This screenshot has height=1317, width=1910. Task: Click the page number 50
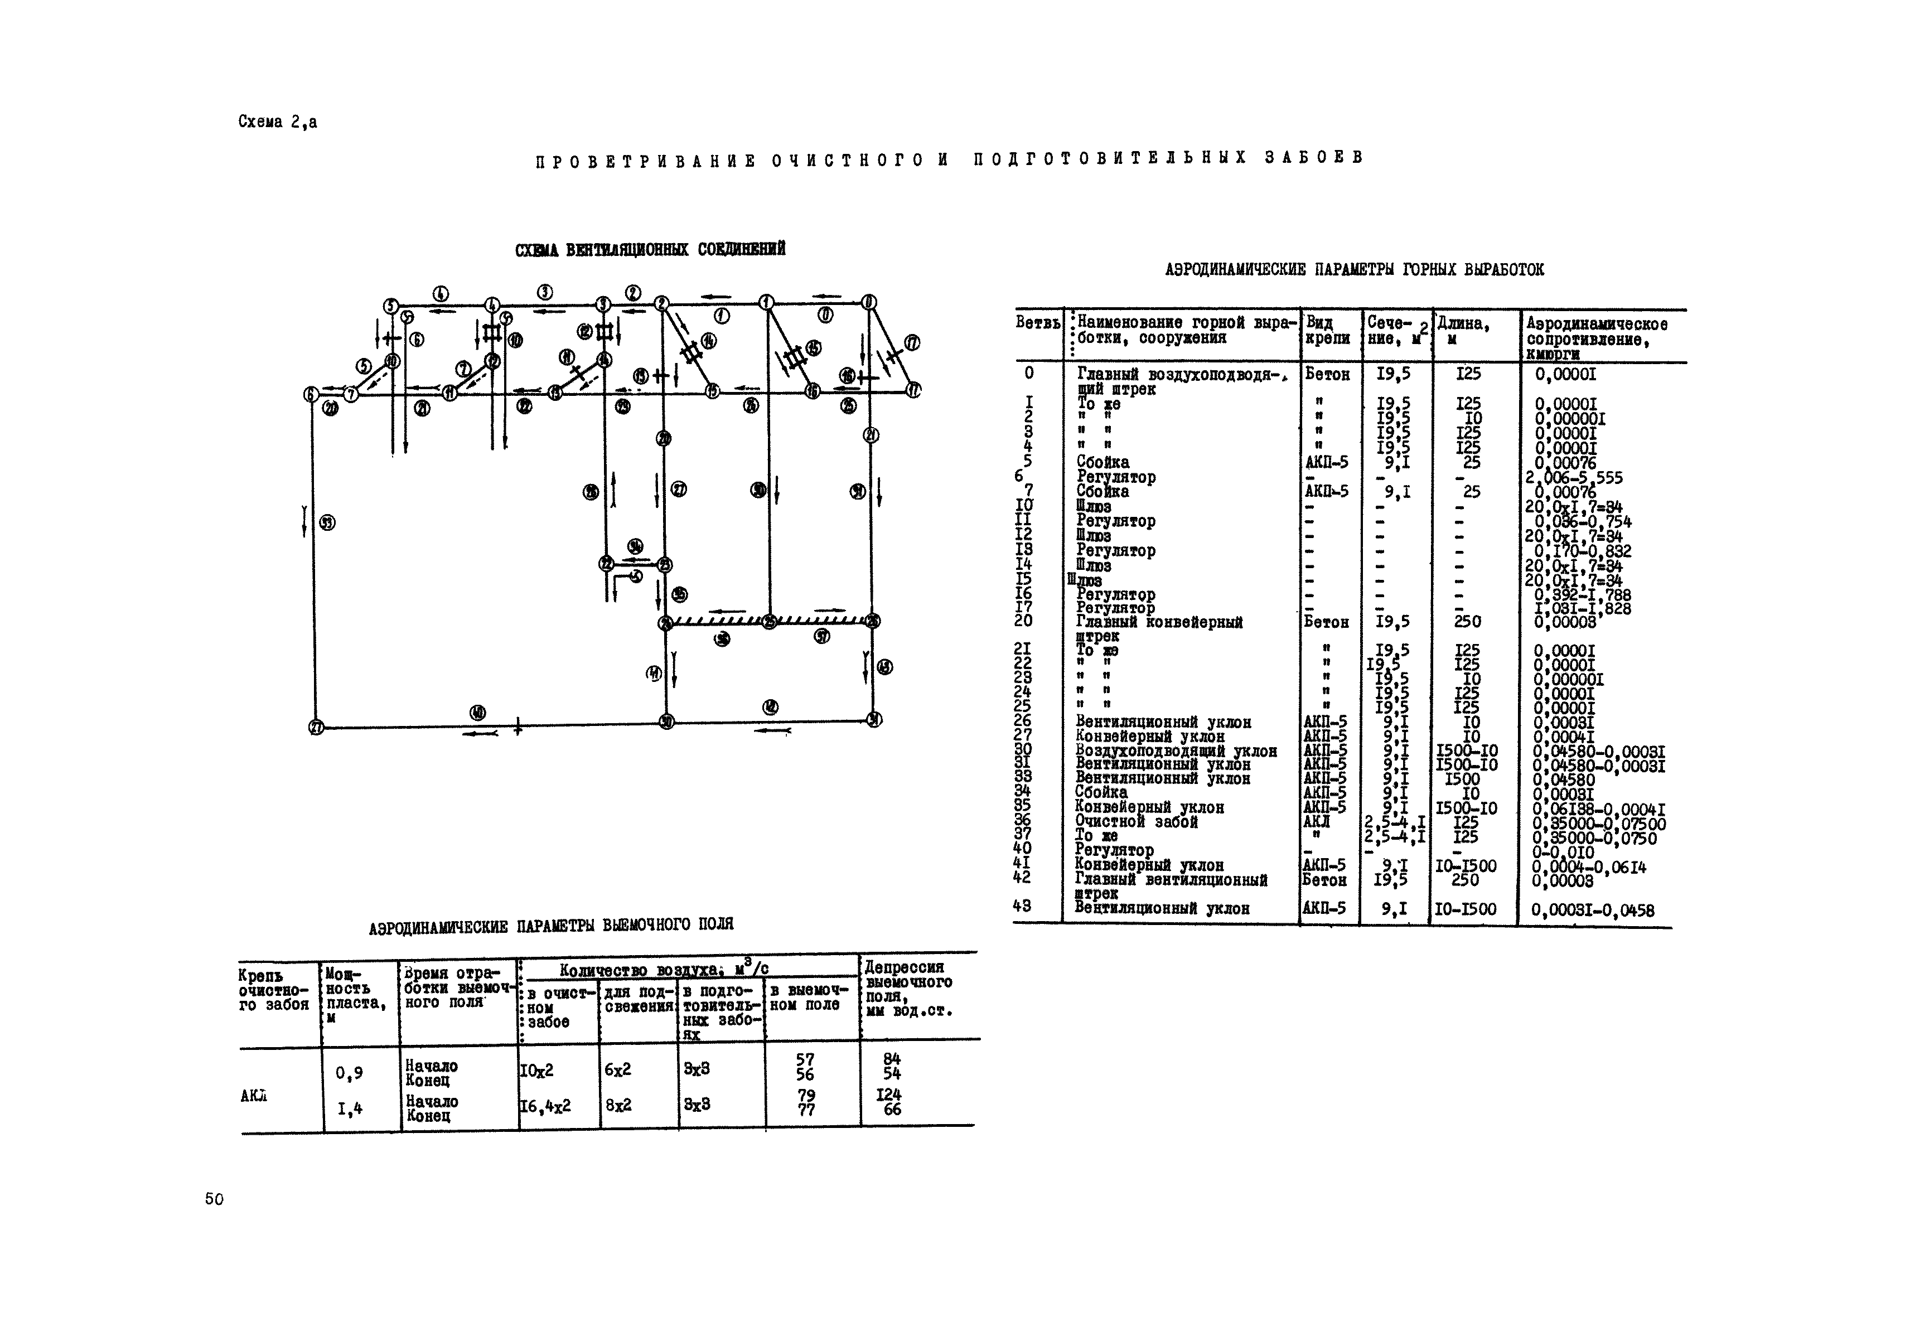pos(214,1199)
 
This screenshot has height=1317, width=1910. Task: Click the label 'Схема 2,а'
pos(277,122)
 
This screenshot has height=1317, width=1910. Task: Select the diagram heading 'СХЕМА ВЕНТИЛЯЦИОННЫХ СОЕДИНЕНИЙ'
pos(650,249)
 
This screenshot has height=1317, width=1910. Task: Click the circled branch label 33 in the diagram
pos(328,522)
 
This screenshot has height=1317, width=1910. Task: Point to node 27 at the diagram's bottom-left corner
pos(316,727)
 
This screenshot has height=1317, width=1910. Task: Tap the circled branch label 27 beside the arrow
pos(679,490)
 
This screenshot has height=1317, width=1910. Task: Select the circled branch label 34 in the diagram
pos(635,545)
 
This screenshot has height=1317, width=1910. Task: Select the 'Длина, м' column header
pos(1463,330)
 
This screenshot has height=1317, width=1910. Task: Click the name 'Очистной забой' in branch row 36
pos(1136,822)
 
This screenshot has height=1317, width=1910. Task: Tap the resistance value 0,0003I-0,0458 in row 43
pos(1592,910)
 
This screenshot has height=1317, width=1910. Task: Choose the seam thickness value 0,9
pos(349,1073)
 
